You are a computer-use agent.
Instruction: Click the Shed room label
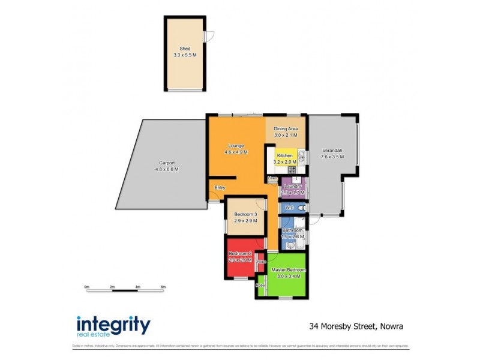click(x=184, y=49)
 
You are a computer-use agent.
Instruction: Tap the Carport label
click(x=167, y=163)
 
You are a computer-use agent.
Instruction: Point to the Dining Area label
click(x=286, y=129)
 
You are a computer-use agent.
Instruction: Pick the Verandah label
click(x=332, y=150)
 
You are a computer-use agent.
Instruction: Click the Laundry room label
click(x=293, y=187)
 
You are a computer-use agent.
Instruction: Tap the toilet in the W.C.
click(x=301, y=208)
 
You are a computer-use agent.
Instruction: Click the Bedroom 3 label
click(x=245, y=215)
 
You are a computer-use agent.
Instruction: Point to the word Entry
click(x=220, y=188)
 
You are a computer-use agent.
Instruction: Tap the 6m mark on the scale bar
click(x=163, y=287)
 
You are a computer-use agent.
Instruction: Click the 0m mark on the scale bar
click(x=86, y=287)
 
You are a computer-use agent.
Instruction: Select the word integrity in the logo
click(x=113, y=325)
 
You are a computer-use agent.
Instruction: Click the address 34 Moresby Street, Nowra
click(x=356, y=327)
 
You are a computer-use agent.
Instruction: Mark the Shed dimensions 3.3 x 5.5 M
click(x=184, y=55)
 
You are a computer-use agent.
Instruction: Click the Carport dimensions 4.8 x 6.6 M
click(x=167, y=169)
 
